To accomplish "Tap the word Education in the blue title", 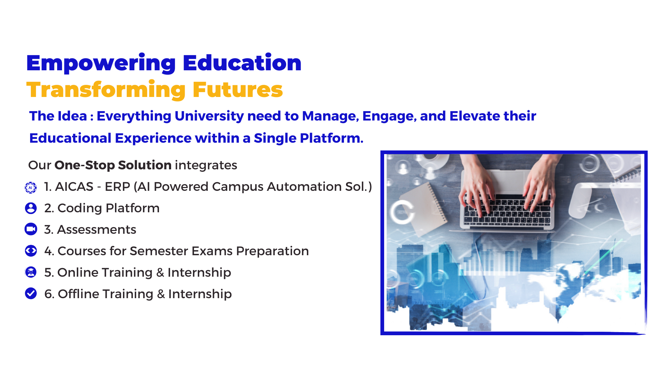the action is point(242,63).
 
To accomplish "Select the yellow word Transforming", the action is point(106,90).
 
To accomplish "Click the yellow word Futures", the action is point(238,90).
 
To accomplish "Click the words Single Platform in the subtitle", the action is point(309,138).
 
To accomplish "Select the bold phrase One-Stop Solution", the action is point(113,165).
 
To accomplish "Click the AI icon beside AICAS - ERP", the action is point(31,187).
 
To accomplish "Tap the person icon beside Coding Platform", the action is point(31,208).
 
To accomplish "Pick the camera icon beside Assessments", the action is point(31,229).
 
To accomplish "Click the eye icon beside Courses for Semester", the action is point(31,251).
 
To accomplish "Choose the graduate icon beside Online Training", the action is point(31,272).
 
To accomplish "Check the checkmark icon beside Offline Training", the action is point(31,293).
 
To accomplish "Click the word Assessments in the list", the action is point(97,230).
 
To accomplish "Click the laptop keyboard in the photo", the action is point(507,210).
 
